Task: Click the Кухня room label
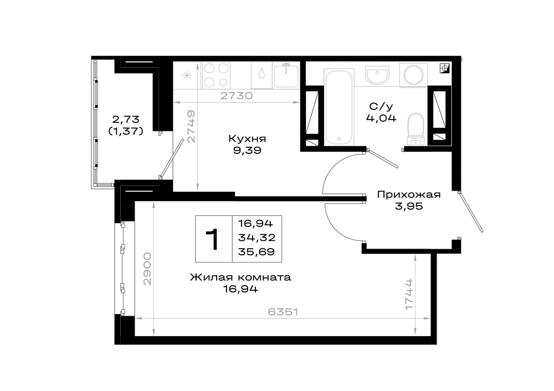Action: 247,139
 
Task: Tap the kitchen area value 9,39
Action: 247,151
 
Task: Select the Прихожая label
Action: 409,194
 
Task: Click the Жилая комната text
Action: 240,277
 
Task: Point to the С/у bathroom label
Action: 381,106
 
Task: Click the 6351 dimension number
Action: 283,312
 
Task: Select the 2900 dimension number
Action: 147,269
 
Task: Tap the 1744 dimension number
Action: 409,294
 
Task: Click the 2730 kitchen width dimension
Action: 237,96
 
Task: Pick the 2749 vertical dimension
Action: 191,126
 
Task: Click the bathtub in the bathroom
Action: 339,107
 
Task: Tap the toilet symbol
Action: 416,129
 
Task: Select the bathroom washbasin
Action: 377,75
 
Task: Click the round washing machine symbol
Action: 414,75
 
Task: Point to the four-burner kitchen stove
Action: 216,75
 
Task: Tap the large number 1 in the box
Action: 213,239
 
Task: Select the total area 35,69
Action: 257,252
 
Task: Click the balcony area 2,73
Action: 126,119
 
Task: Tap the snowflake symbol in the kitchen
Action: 187,75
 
